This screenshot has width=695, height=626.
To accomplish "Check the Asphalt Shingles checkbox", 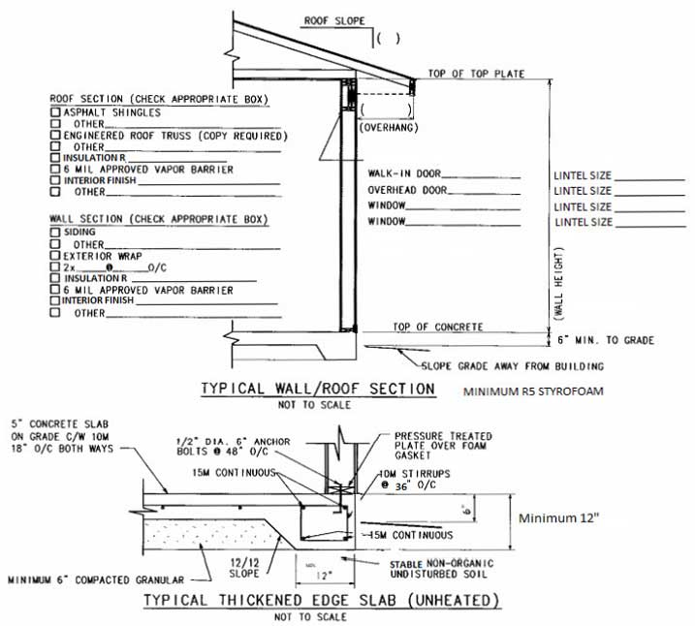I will tap(55, 112).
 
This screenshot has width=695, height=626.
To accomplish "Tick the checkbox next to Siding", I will tap(55, 233).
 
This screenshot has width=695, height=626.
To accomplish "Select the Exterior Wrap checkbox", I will tap(55, 255).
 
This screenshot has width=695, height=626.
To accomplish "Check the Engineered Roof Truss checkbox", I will tap(55, 136).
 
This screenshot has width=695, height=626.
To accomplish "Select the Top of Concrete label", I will tap(437, 328).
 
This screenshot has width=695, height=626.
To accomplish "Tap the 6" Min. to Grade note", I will tap(608, 340).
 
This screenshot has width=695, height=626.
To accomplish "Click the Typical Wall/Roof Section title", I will tap(317, 389).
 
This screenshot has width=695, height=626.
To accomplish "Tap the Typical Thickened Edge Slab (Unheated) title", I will tap(321, 601).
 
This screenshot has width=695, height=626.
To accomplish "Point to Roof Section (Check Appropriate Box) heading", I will tap(160, 100).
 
